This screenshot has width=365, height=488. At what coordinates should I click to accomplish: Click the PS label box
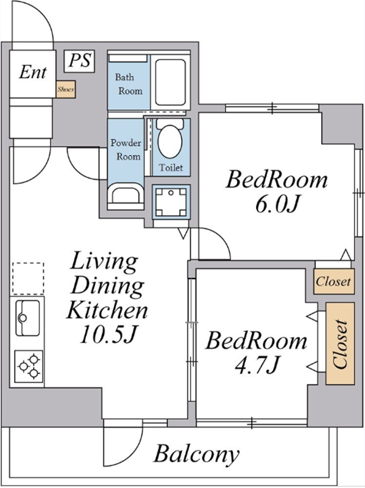pyautogui.click(x=79, y=62)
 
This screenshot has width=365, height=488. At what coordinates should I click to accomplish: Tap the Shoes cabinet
pyautogui.click(x=66, y=90)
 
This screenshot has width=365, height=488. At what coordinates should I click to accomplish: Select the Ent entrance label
pyautogui.click(x=33, y=72)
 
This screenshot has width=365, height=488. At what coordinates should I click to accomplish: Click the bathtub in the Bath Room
pyautogui.click(x=170, y=82)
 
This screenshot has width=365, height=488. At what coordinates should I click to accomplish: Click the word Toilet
pyautogui.click(x=171, y=168)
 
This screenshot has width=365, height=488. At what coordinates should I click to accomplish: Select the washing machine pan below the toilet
pyautogui.click(x=171, y=202)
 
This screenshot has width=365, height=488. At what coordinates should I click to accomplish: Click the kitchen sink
pyautogui.click(x=27, y=318)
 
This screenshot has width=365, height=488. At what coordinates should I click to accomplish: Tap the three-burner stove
pyautogui.click(x=28, y=366)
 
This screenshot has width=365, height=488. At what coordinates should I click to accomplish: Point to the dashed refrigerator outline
pyautogui.click(x=28, y=278)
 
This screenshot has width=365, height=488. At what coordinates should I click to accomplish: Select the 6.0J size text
pyautogui.click(x=277, y=205)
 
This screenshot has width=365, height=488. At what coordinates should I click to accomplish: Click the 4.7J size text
pyautogui.click(x=256, y=365)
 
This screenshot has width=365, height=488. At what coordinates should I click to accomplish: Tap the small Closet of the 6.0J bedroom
pyautogui.click(x=334, y=281)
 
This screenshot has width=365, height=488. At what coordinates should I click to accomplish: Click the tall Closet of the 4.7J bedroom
pyautogui.click(x=340, y=343)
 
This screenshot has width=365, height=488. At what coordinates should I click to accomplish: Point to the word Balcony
pyautogui.click(x=197, y=454)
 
